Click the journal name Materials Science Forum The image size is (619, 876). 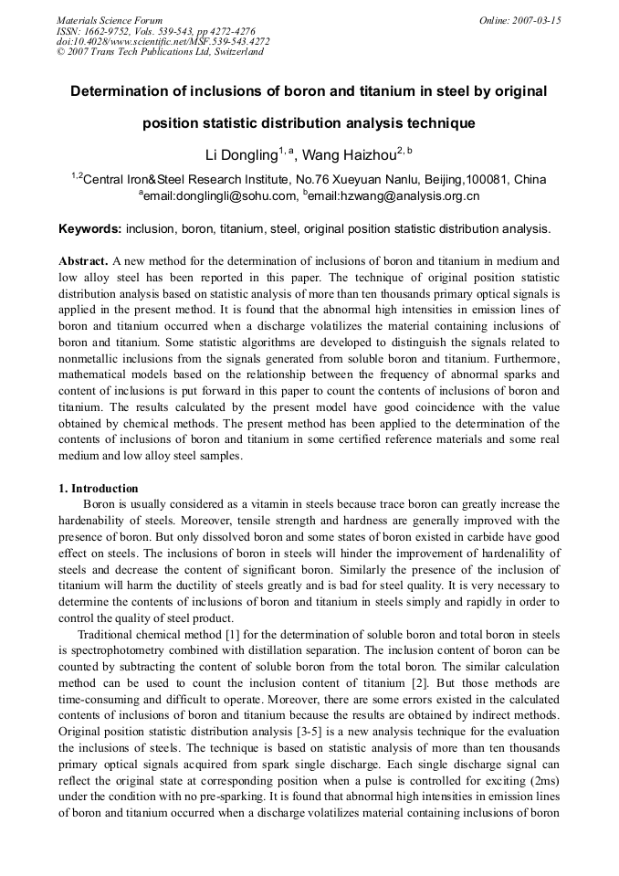110,20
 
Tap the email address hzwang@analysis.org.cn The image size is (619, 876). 396,195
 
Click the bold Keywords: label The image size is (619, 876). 89,228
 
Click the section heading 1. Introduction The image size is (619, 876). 99,489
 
